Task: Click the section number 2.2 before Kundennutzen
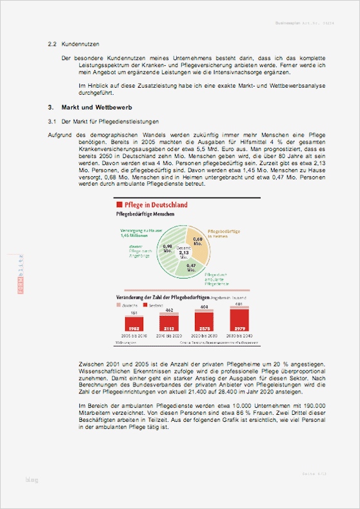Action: (53, 45)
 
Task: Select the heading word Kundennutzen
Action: (81, 45)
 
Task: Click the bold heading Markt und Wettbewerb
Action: (97, 106)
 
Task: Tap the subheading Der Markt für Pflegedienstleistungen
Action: (109, 121)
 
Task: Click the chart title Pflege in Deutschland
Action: (155, 205)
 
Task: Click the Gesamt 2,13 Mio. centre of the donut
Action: (184, 252)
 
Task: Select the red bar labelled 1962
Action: (134, 327)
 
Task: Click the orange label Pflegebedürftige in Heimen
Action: (224, 234)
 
